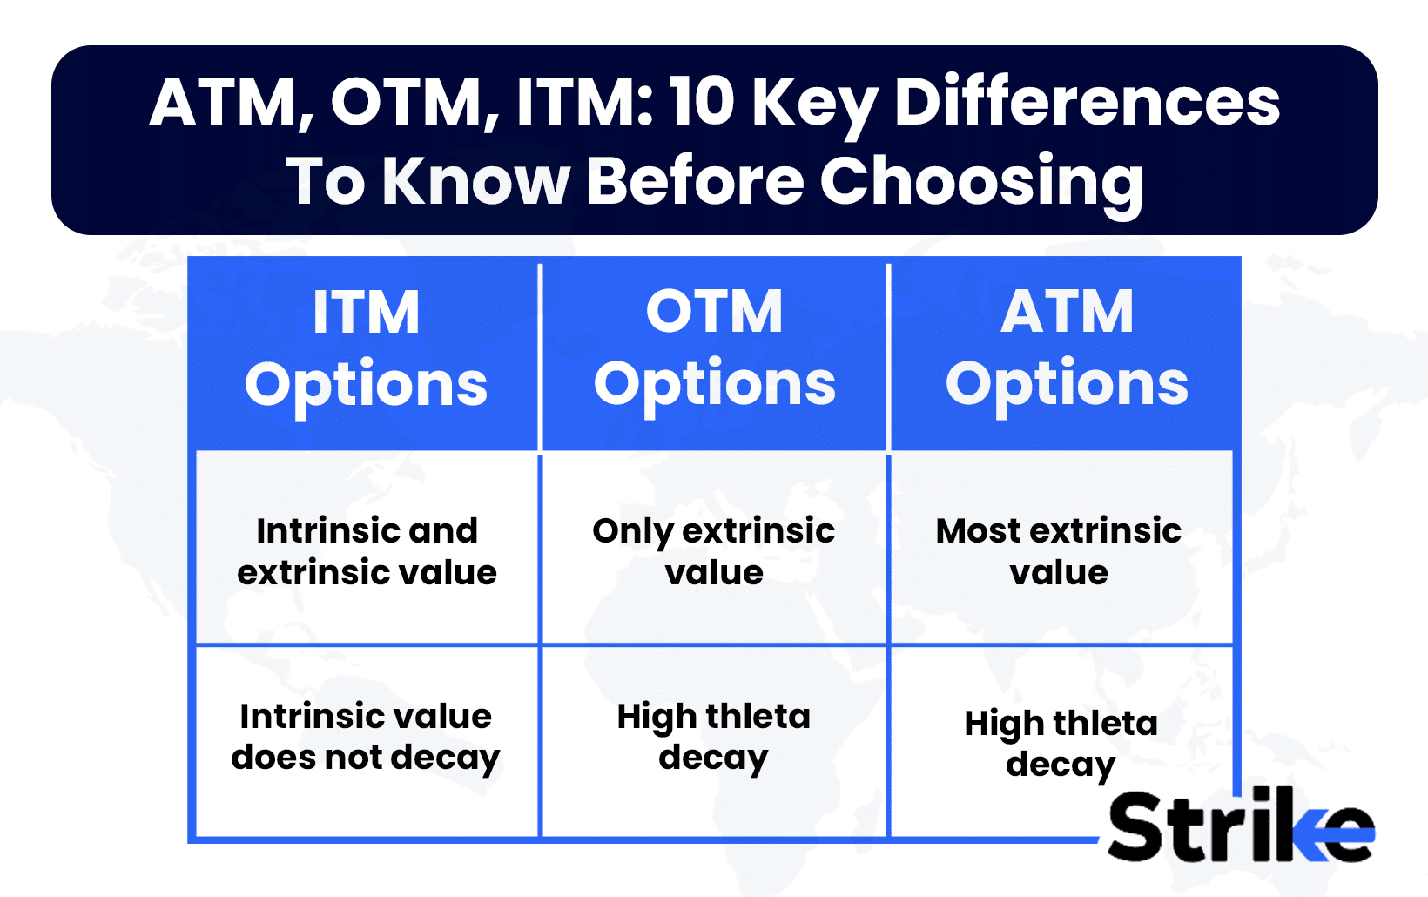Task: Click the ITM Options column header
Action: click(366, 348)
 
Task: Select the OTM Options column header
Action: click(714, 348)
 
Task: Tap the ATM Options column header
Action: click(1067, 348)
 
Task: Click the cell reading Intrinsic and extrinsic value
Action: click(367, 551)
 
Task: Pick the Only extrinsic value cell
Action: click(714, 551)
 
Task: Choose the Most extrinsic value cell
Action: click(1059, 551)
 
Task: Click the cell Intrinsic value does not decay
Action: click(366, 737)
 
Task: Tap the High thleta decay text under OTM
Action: click(714, 737)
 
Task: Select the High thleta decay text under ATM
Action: click(1061, 744)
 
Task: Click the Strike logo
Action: click(1240, 826)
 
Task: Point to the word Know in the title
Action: click(475, 181)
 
